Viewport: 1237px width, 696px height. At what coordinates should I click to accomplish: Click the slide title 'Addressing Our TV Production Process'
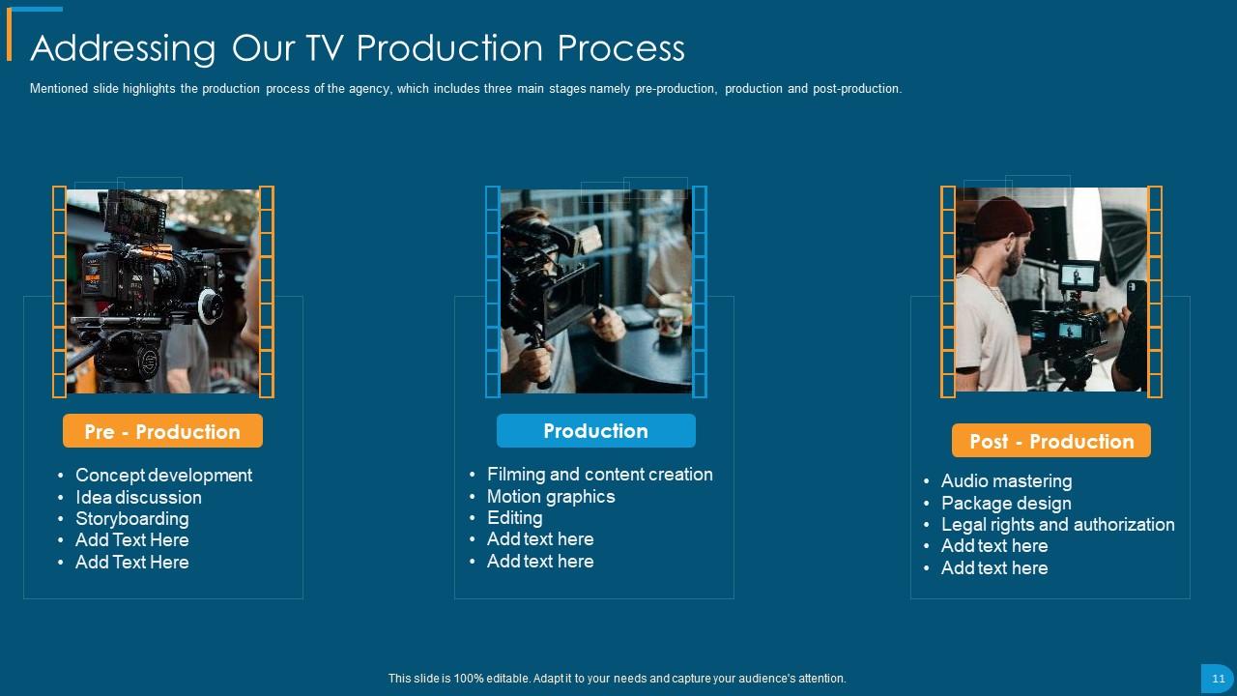(358, 47)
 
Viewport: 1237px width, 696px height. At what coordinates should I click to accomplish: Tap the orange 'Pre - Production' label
(162, 431)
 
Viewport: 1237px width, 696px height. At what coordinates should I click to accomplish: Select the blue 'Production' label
(595, 430)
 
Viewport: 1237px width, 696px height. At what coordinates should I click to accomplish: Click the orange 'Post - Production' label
(1051, 441)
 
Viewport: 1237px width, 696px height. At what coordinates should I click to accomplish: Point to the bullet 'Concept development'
(163, 475)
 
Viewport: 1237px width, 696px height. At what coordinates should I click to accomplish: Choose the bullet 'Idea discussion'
(138, 497)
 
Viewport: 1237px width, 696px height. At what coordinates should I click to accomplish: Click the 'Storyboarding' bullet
(131, 518)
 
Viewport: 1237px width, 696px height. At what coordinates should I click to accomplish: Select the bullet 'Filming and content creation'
(599, 474)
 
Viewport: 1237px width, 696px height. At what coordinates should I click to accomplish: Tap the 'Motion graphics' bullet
(551, 496)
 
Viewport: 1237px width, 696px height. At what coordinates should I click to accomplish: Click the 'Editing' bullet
(514, 517)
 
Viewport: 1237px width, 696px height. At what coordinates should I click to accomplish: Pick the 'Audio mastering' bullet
(1006, 480)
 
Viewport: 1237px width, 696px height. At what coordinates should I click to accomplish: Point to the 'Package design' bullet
(1006, 503)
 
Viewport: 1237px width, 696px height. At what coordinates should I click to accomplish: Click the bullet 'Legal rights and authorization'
(1057, 524)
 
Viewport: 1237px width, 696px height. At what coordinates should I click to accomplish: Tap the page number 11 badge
(1218, 679)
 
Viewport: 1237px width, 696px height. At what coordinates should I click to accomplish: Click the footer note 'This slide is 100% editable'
(617, 679)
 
